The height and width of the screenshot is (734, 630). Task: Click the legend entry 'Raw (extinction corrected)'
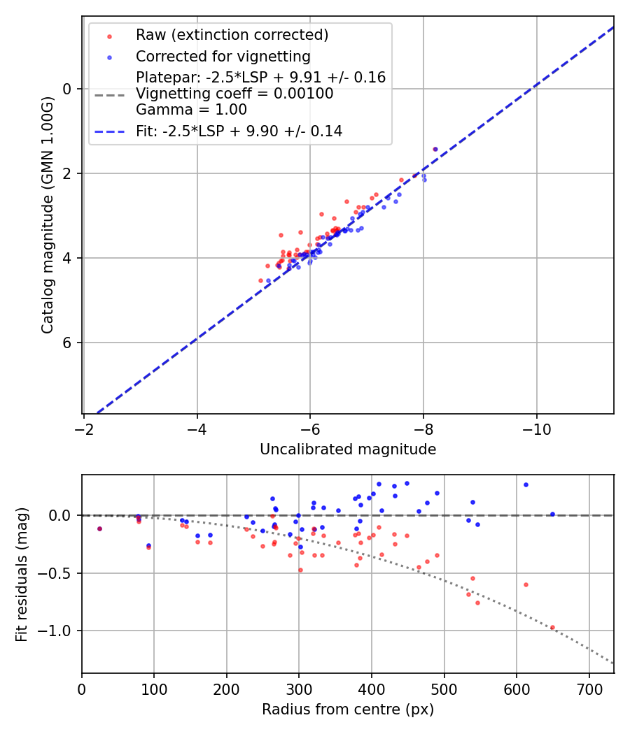pyautogui.click(x=232, y=35)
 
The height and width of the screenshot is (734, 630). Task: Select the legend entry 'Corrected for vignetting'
pyautogui.click(x=223, y=56)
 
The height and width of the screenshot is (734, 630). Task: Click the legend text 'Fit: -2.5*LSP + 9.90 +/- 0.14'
pyautogui.click(x=239, y=131)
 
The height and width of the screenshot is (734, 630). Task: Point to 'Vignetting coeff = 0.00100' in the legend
pyautogui.click(x=234, y=94)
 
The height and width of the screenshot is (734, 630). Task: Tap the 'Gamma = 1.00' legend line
pyautogui.click(x=191, y=110)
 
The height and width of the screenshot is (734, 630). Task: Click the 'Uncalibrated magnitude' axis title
pyautogui.click(x=348, y=449)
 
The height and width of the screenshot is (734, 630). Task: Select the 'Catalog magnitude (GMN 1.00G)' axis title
pyautogui.click(x=47, y=215)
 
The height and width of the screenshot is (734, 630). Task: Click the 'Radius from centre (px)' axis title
pyautogui.click(x=348, y=710)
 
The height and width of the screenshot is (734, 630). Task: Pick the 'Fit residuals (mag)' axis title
pyautogui.click(x=22, y=575)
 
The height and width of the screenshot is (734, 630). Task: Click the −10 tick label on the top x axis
pyautogui.click(x=536, y=426)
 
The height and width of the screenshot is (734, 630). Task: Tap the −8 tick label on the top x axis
pyautogui.click(x=423, y=426)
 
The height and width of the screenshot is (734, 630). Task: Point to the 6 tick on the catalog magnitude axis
pyautogui.click(x=68, y=343)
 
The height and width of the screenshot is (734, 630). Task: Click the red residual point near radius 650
pyautogui.click(x=552, y=628)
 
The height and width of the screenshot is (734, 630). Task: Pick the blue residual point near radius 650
pyautogui.click(x=552, y=514)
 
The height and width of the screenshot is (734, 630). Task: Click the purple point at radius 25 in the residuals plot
pyautogui.click(x=99, y=529)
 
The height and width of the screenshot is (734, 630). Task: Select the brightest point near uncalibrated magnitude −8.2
pyautogui.click(x=435, y=149)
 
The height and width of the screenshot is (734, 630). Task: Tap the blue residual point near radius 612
pyautogui.click(x=526, y=484)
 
